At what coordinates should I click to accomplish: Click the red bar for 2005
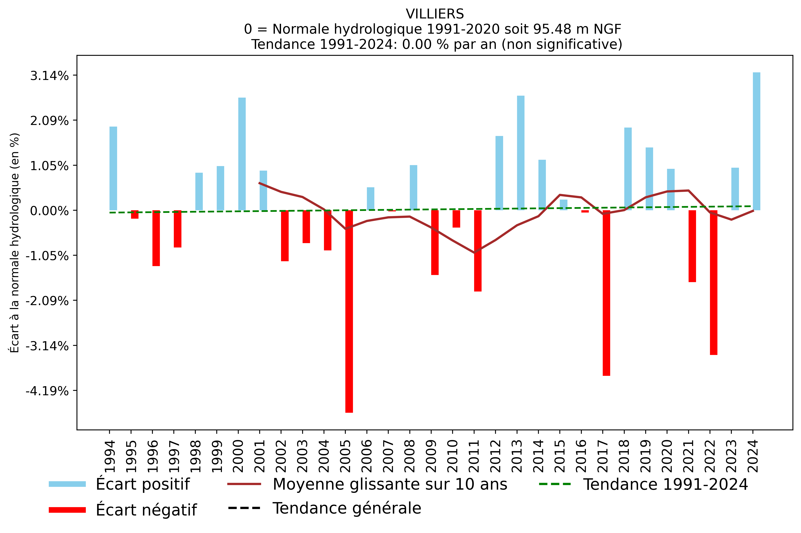[x=349, y=311]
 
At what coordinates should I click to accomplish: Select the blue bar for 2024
[x=756, y=141]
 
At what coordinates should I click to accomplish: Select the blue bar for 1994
[x=113, y=168]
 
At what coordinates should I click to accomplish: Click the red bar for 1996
[x=156, y=238]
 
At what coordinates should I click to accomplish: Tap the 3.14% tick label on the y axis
[x=49, y=76]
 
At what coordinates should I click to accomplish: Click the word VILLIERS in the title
[x=435, y=14]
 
